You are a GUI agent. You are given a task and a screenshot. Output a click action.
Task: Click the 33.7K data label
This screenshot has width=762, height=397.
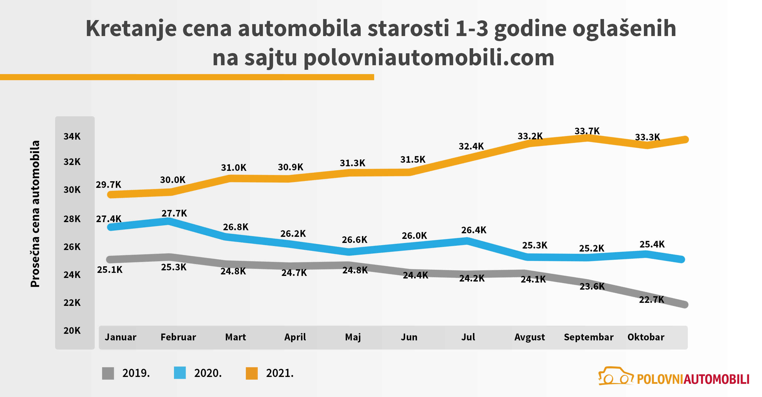(x=587, y=131)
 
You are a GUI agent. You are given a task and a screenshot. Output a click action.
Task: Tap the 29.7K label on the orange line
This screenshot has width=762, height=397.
(x=108, y=185)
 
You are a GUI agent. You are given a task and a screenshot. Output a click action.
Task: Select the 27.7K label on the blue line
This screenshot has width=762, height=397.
(x=174, y=213)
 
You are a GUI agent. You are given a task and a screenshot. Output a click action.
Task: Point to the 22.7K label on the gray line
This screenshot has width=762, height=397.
(x=652, y=300)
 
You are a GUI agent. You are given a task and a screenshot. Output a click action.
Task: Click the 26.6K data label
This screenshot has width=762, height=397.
(x=354, y=239)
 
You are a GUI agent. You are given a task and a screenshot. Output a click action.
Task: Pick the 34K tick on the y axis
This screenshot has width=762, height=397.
(x=72, y=136)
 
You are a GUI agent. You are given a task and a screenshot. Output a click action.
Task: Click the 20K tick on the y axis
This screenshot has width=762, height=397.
(x=72, y=330)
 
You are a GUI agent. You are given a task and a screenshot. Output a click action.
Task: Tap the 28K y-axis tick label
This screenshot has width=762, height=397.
(x=72, y=219)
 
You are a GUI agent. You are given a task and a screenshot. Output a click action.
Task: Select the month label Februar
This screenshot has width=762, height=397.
(x=178, y=337)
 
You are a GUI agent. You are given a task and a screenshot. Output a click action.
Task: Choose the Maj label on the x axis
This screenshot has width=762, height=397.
(x=353, y=337)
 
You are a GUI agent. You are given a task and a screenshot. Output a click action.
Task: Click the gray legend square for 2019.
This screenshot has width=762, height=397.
(x=108, y=373)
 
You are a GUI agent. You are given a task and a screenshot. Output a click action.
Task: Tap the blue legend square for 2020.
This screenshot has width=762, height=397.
(x=180, y=373)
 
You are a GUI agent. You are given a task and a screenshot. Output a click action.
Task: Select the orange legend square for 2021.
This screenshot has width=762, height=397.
(x=252, y=373)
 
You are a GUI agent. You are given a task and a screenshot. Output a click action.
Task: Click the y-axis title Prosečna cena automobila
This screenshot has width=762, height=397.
(x=35, y=214)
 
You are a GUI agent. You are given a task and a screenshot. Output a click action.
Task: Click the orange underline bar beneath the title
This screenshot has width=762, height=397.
(x=187, y=77)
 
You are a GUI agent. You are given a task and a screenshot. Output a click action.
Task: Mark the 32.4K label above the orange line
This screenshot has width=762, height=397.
(x=471, y=146)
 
